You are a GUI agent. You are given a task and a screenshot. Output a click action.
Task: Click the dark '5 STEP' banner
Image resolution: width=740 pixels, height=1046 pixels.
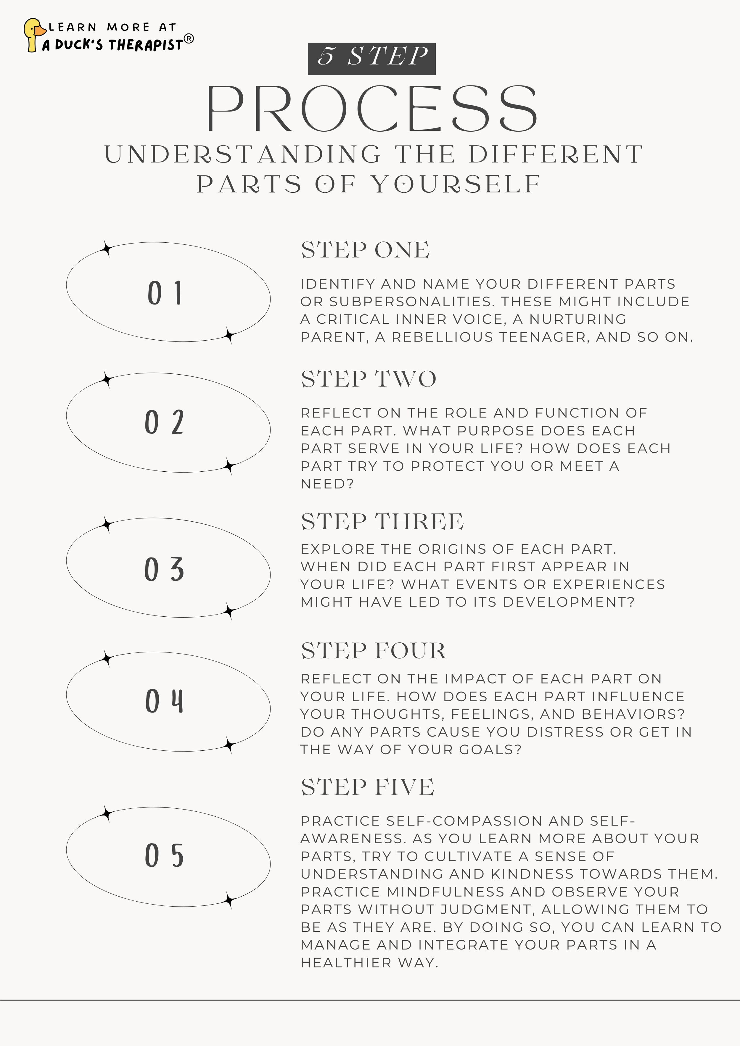click(372, 58)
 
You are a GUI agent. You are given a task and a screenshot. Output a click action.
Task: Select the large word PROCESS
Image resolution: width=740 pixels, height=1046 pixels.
click(372, 109)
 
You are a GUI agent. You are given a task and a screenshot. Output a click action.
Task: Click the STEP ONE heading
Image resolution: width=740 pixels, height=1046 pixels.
click(365, 250)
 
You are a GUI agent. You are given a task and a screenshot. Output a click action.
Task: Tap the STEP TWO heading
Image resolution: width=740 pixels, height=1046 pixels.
click(368, 379)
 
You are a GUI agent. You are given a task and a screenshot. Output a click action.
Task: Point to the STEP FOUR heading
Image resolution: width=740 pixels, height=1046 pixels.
click(373, 651)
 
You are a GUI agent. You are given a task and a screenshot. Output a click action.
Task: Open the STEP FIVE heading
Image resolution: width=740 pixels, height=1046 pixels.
click(367, 787)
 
